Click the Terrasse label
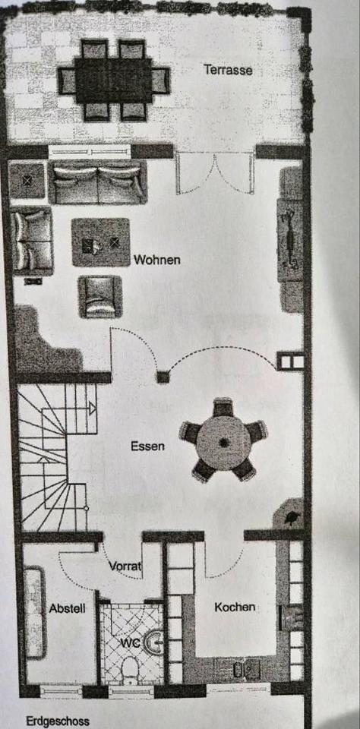[229, 70]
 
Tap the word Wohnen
[156, 260]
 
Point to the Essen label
[147, 447]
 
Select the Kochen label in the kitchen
[235, 607]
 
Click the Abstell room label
[68, 608]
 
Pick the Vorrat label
[125, 566]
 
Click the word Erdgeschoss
[58, 721]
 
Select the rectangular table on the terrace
[113, 80]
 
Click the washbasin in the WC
[153, 642]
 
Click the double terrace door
[215, 173]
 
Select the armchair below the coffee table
[100, 297]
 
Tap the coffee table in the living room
[100, 242]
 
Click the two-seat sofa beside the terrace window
[98, 181]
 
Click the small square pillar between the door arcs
[163, 377]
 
